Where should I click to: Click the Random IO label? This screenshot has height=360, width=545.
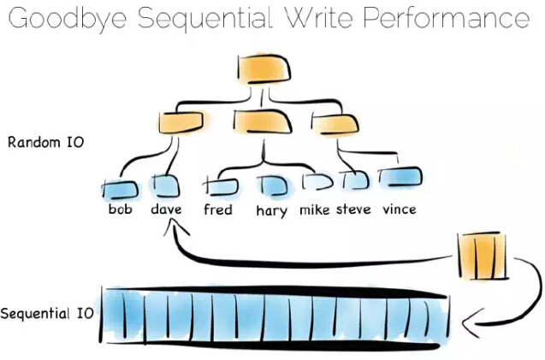pos(45,143)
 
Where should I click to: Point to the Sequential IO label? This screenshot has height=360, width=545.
pos(47,314)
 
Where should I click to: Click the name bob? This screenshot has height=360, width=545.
pos(121,209)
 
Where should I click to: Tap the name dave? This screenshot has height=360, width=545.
pos(167,209)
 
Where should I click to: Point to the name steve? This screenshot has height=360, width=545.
pos(353,209)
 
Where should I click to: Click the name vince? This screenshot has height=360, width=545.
pos(398,209)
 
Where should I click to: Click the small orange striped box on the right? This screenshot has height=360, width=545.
pos(483,256)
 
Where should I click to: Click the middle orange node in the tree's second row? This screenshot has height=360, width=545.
pos(262,121)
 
